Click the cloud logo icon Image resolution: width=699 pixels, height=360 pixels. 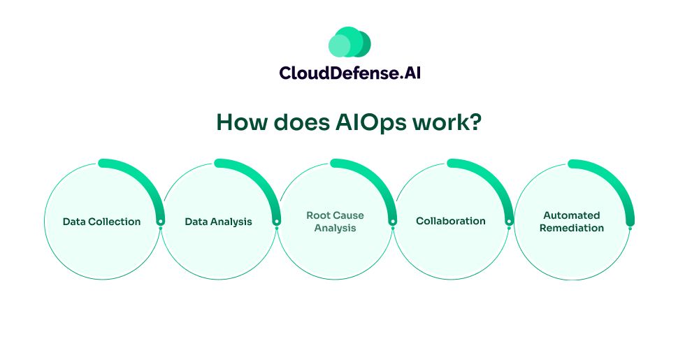[349, 42]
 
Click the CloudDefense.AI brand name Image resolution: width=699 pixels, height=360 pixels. [350, 73]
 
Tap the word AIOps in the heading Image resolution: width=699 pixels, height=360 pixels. [370, 122]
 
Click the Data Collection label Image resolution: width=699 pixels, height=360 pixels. [101, 222]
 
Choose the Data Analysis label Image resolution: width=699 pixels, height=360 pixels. [218, 222]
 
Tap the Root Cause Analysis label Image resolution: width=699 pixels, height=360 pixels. [335, 222]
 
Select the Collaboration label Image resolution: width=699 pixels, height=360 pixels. [451, 221]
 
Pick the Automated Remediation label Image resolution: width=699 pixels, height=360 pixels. [572, 222]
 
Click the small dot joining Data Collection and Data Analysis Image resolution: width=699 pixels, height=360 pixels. [161, 229]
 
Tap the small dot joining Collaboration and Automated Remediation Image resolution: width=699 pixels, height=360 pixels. [509, 229]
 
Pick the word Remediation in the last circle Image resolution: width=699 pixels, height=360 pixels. [572, 228]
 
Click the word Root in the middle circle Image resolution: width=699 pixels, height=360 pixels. [317, 215]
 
